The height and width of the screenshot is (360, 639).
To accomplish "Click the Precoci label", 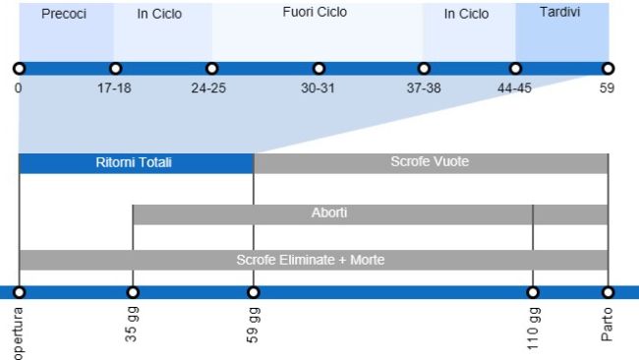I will [x=64, y=15].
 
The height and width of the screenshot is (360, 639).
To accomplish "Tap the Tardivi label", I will [x=560, y=12].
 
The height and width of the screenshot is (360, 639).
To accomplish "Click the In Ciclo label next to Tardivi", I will [x=466, y=15].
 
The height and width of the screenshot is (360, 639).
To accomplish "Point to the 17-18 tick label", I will [x=115, y=88].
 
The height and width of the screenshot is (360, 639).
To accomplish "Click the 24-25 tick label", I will [x=210, y=88].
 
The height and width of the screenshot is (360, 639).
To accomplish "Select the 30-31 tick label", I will [x=318, y=88].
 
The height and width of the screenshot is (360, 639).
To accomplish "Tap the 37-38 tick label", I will [x=424, y=88].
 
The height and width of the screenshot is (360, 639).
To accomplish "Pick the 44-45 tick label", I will [x=515, y=88].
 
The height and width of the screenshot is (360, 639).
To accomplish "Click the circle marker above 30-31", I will [x=319, y=69].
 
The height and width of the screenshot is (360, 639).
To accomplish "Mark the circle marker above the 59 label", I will [x=609, y=69].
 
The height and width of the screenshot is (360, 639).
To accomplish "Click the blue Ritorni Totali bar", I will [x=135, y=163].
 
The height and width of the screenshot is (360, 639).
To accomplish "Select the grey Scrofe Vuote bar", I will [x=430, y=162].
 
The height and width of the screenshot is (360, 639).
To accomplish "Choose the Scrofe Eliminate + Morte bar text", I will [x=310, y=261].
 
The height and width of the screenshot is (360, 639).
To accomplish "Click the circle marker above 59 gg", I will [x=254, y=293].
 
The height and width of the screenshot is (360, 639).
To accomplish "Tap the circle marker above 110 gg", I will [x=533, y=293].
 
